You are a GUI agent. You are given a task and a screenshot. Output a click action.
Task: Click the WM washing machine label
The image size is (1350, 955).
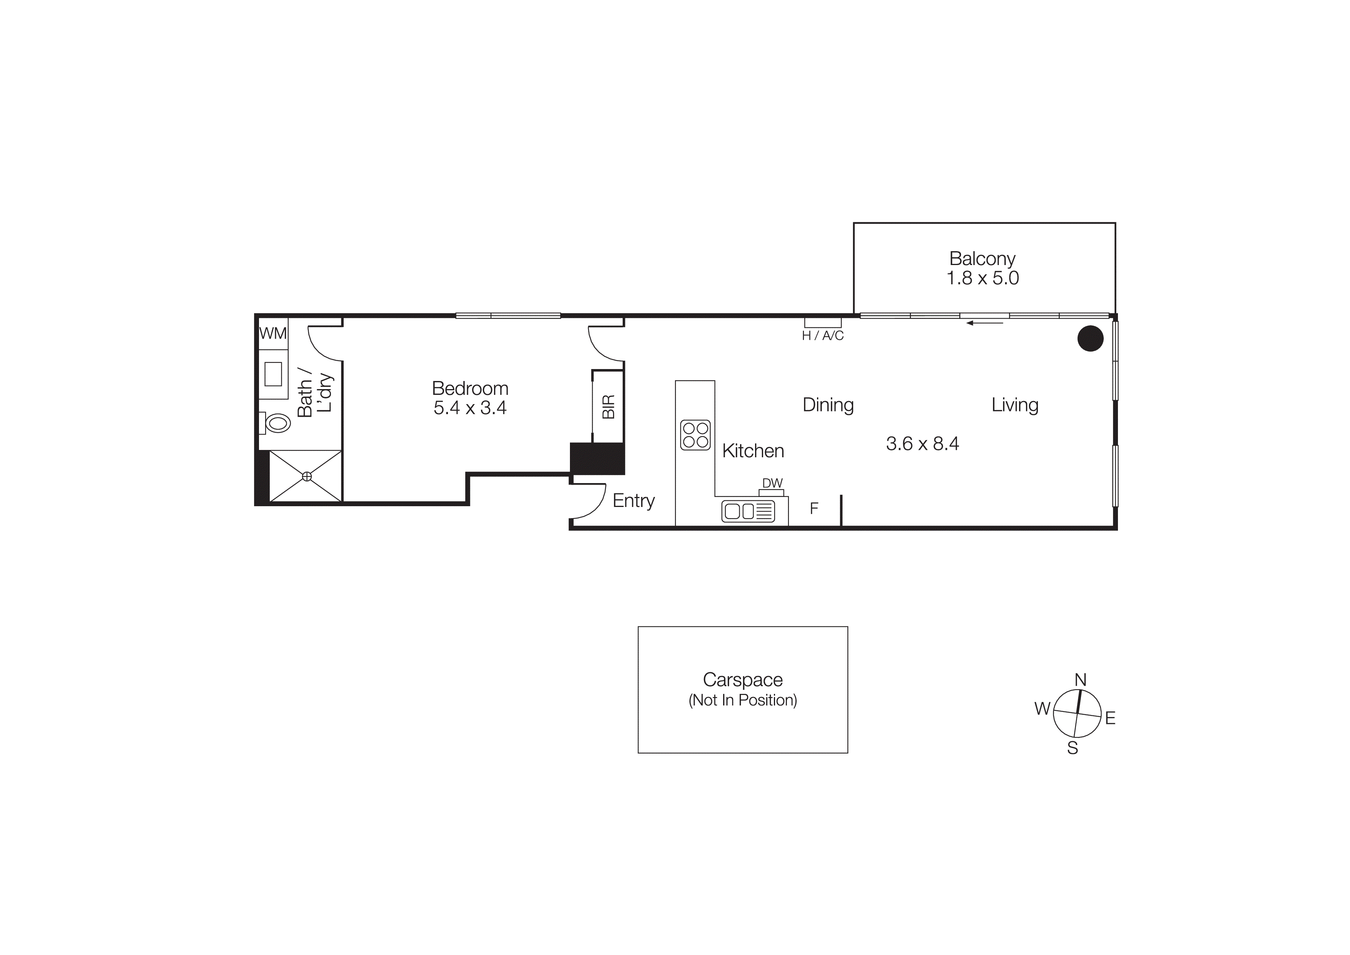273,334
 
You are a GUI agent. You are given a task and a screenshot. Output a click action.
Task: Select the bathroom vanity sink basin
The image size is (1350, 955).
273,374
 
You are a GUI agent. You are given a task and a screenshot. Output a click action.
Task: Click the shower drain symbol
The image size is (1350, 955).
306,476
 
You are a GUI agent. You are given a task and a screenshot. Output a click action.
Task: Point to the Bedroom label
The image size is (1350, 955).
470,388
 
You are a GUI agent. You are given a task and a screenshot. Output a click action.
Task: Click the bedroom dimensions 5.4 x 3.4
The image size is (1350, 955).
470,408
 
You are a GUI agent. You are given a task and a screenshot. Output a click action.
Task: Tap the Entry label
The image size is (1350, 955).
633,501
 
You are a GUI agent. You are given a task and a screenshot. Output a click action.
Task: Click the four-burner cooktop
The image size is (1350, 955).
695,435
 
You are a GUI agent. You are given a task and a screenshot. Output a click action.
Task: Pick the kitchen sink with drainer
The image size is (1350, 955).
748,511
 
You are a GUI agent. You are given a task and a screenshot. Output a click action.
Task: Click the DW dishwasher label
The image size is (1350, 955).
772,483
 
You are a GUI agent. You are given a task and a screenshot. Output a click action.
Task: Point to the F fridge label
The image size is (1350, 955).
814,509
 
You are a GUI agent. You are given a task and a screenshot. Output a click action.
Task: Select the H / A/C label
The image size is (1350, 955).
822,336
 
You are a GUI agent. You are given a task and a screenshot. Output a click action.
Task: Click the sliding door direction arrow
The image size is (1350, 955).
985,322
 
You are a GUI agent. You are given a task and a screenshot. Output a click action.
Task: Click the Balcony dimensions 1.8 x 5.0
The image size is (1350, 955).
982,278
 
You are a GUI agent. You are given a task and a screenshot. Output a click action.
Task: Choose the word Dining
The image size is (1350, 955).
828,405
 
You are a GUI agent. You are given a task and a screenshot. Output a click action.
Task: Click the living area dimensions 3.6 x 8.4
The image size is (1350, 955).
922,444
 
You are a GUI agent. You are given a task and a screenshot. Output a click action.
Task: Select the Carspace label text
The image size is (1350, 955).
743,680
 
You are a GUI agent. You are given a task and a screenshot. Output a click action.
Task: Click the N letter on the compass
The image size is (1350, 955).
1080,680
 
